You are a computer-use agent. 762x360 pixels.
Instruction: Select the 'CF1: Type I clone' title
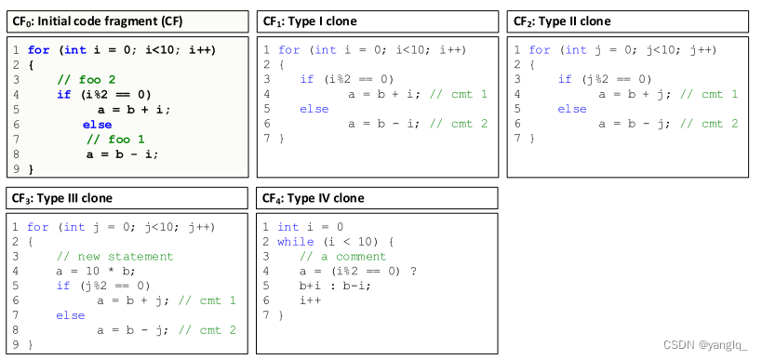point(310,20)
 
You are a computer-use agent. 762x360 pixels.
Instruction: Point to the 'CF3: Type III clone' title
point(62,198)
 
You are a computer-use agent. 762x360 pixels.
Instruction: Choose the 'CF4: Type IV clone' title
point(313,198)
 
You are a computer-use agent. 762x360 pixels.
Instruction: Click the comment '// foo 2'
point(86,80)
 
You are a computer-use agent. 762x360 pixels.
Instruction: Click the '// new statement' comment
point(114,257)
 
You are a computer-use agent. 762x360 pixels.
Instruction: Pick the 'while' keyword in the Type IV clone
point(296,242)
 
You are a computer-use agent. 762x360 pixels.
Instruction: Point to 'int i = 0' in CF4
point(311,227)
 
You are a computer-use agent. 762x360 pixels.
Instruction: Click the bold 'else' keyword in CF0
point(97,125)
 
